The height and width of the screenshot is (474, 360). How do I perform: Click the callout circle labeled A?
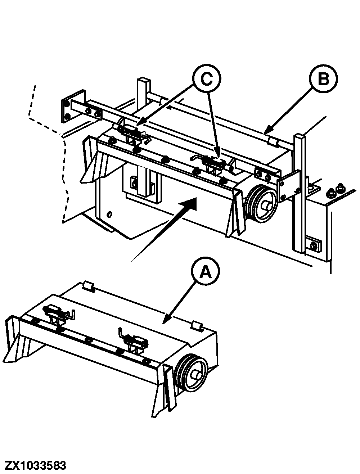tap(206, 272)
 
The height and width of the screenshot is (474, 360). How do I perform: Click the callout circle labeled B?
tap(324, 79)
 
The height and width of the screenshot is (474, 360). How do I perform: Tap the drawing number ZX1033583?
tap(36, 465)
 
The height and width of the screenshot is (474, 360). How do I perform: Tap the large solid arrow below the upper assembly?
tap(169, 227)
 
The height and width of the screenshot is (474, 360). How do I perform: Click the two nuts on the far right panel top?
tap(335, 191)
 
